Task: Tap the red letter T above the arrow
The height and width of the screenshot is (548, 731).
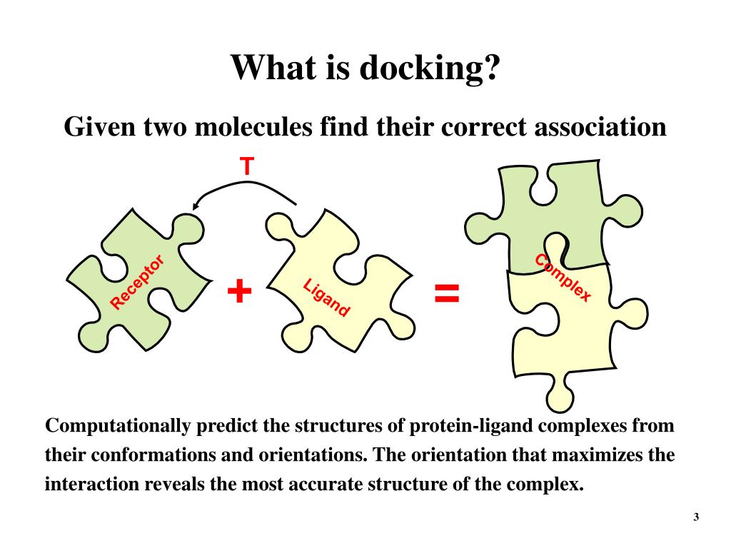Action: (246, 167)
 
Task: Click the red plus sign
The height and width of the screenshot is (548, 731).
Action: (240, 291)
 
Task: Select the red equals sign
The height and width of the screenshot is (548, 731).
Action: (448, 292)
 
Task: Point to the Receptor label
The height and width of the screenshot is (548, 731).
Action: (138, 283)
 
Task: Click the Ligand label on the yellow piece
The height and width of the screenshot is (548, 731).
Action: (326, 298)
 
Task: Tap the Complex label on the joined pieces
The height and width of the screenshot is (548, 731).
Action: (563, 278)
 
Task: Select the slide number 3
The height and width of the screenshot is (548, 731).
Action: (695, 517)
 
